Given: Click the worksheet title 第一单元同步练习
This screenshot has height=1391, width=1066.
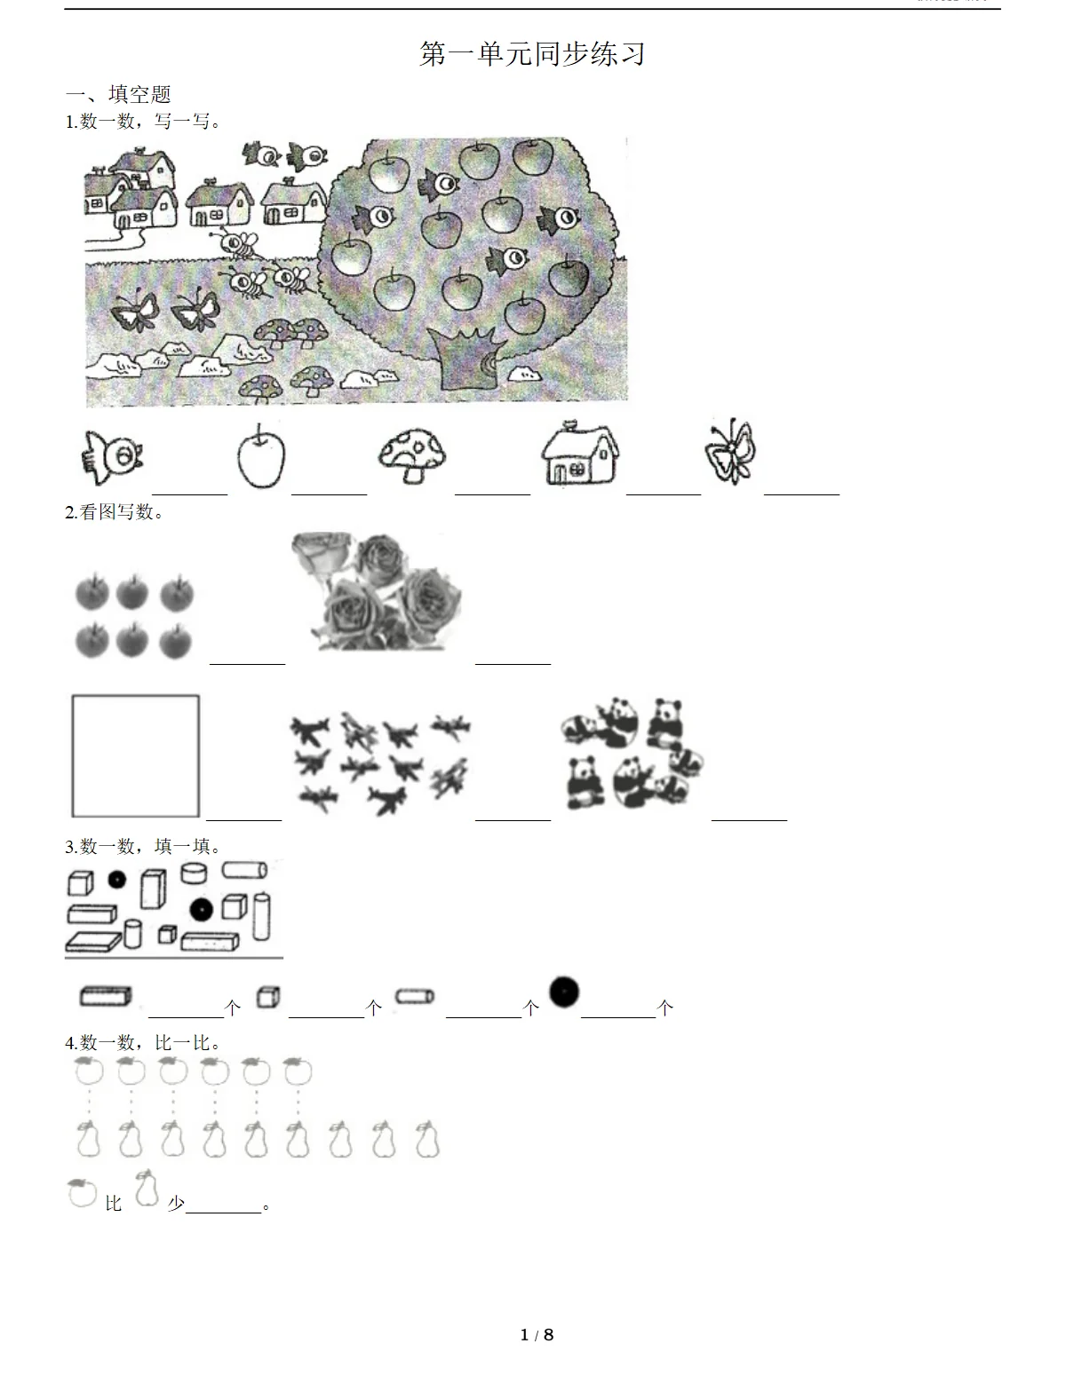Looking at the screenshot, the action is (532, 54).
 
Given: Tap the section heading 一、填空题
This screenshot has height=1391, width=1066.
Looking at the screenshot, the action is (118, 94).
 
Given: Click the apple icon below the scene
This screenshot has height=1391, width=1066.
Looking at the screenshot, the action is (261, 455).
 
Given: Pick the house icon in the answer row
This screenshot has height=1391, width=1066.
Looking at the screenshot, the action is (580, 454).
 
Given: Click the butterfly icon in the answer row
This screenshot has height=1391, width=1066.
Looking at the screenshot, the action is (731, 451).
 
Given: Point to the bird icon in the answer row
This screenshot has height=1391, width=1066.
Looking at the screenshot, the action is (112, 457).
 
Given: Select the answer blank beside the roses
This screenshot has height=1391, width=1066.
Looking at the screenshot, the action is (513, 664).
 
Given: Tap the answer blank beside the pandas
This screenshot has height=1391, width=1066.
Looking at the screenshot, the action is (749, 819).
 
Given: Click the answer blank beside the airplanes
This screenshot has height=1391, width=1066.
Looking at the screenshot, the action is (513, 819).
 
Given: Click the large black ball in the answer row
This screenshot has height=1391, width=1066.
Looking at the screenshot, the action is (564, 992).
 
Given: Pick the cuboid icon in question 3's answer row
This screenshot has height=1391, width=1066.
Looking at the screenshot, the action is (106, 996).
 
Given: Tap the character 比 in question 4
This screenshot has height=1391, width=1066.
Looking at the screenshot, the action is (114, 1204).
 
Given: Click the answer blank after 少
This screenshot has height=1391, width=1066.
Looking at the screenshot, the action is (224, 1212).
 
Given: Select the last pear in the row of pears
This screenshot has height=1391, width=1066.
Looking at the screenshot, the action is (427, 1140).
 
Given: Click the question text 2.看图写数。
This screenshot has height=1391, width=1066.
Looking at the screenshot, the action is (115, 512).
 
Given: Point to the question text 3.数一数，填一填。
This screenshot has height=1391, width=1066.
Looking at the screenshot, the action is (143, 846).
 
